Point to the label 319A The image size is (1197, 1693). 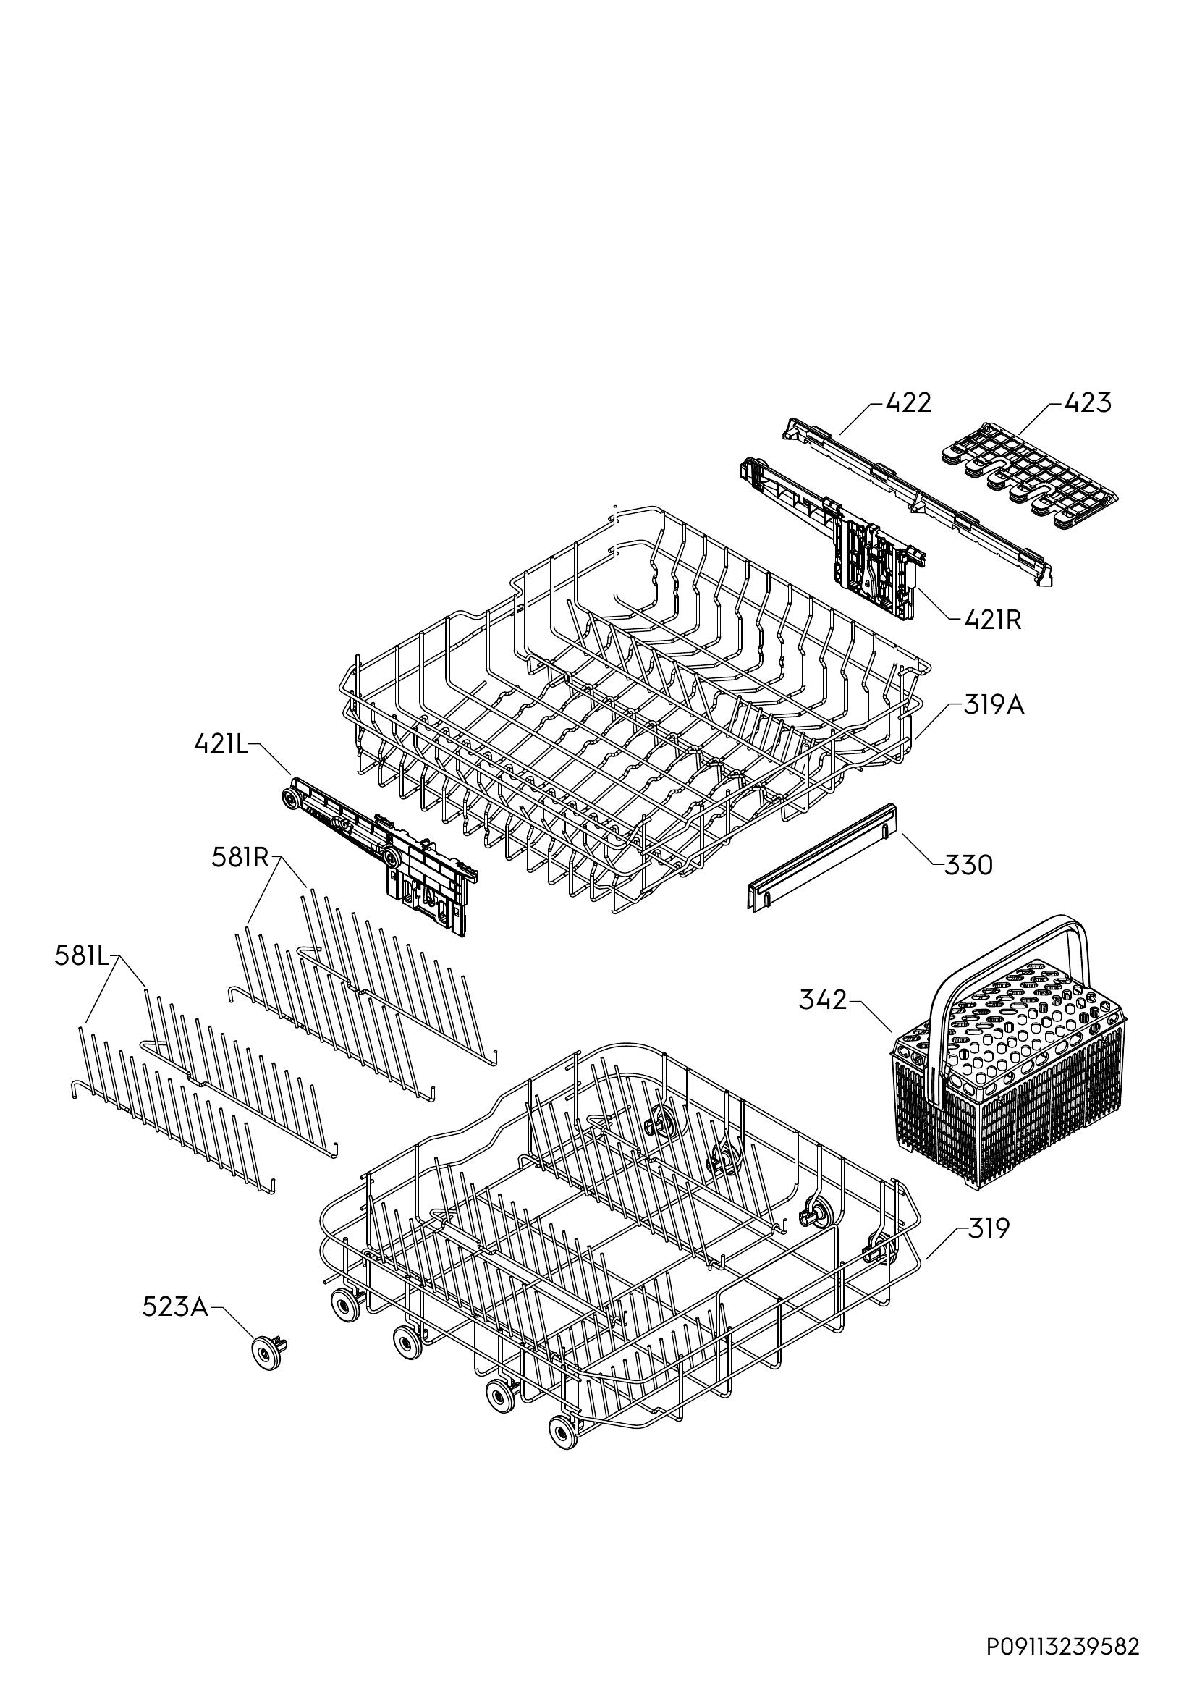994,706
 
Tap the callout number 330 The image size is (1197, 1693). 968,864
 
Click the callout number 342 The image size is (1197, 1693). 824,1000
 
